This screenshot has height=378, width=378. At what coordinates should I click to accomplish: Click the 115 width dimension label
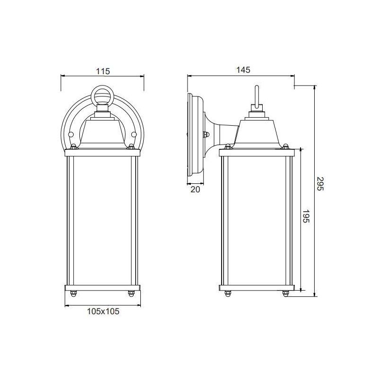103,71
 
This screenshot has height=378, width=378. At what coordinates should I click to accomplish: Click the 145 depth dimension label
242,70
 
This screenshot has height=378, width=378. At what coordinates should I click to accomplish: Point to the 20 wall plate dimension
195,189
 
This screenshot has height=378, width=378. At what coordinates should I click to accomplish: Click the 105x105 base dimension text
103,311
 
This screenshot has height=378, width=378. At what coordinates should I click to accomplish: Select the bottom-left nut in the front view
74,294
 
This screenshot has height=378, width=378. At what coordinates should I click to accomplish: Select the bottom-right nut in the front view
131,294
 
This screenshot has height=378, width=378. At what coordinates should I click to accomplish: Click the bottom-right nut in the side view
285,294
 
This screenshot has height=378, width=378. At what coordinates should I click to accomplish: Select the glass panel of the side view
257,220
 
